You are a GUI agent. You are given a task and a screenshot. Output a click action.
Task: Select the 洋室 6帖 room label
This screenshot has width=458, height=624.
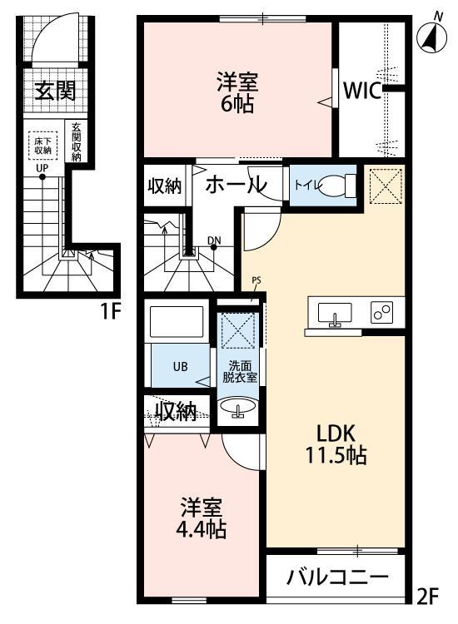237,92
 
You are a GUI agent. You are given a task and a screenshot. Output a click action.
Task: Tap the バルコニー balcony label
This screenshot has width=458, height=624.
337,577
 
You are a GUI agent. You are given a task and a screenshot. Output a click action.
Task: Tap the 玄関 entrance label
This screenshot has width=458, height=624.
54,91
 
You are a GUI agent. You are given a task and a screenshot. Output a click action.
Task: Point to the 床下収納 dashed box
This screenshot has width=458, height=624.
42,146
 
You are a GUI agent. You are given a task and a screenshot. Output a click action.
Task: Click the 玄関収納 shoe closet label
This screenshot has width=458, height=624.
76,141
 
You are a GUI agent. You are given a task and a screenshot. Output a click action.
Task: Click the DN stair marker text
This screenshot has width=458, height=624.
214,241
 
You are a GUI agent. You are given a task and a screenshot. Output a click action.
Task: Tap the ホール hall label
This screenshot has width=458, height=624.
236,184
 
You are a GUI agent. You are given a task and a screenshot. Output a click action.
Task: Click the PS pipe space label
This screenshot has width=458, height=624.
256,280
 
